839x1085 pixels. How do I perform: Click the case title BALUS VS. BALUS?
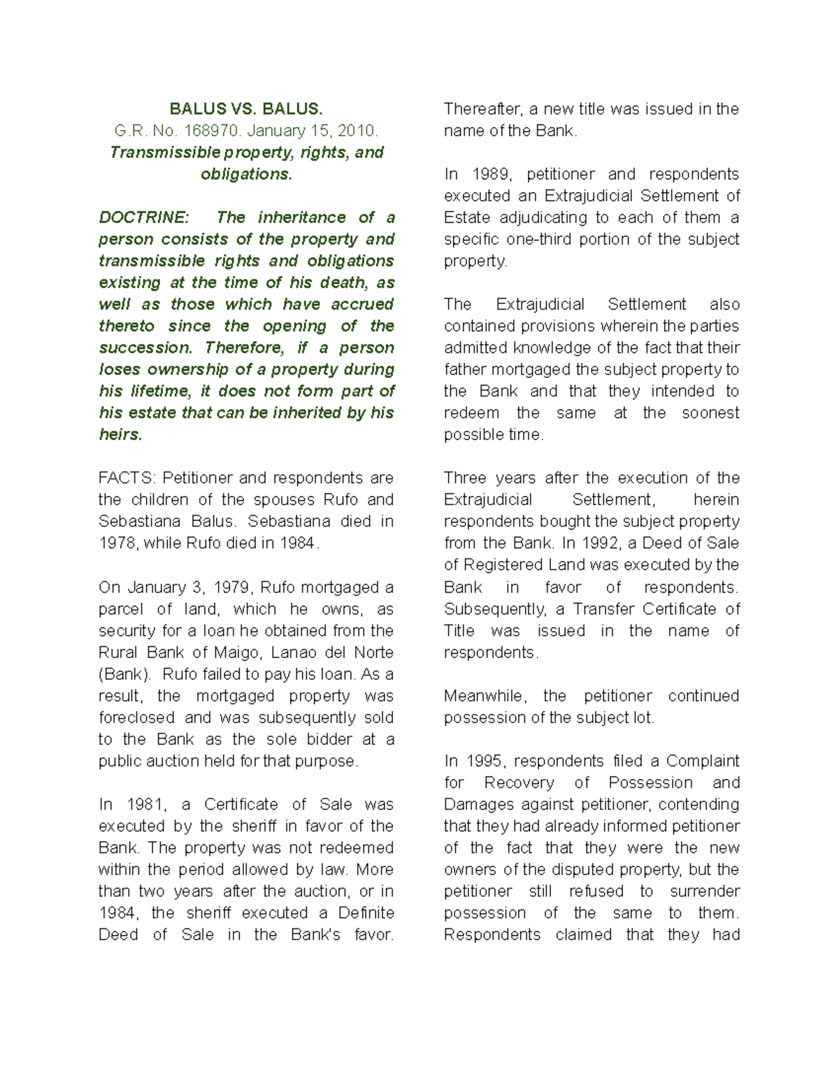point(246,109)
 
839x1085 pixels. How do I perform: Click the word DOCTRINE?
point(143,217)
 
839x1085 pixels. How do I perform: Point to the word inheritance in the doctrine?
point(301,217)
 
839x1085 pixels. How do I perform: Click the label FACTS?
point(128,478)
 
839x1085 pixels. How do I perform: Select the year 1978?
point(117,543)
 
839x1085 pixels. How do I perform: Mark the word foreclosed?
point(136,718)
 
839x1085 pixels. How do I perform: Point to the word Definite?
point(366,912)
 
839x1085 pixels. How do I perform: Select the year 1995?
point(483,761)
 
